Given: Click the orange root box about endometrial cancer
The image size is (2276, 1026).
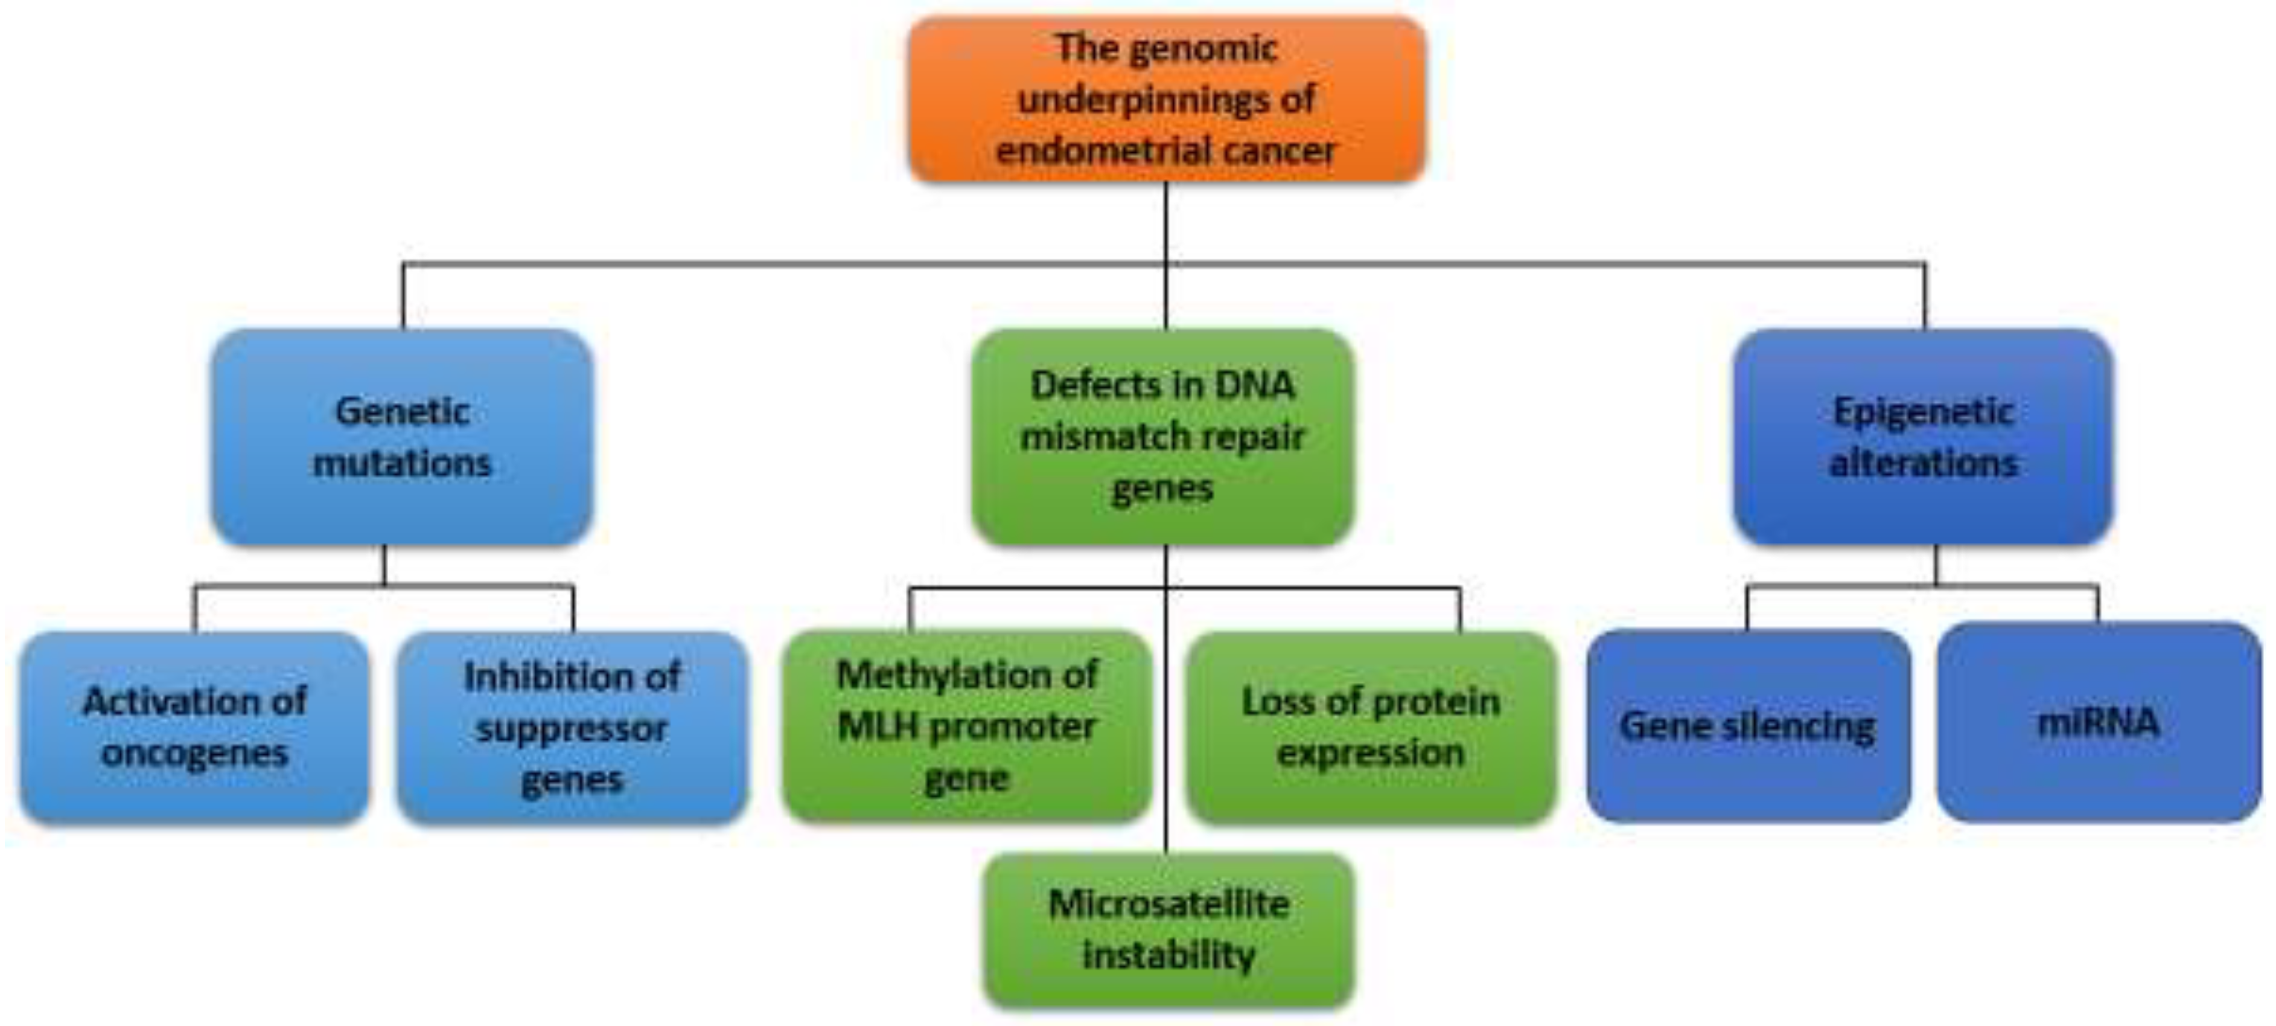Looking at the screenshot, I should (1166, 99).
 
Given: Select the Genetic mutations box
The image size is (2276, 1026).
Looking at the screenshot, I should (402, 437).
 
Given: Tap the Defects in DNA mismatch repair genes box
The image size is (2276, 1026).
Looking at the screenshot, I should (1162, 437).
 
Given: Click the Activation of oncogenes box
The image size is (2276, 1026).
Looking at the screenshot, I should (194, 727).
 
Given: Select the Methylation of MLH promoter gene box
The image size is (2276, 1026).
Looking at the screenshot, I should (967, 725).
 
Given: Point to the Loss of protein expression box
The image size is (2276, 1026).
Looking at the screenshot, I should (1371, 727).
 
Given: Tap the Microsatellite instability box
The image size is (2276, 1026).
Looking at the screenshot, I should (1168, 929).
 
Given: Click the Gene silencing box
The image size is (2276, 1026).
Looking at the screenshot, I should (1748, 725).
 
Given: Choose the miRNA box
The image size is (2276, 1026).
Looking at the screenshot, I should (2099, 722).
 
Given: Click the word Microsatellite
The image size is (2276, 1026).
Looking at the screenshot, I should (1168, 904).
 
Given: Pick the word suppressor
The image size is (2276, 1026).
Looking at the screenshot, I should (572, 729).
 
